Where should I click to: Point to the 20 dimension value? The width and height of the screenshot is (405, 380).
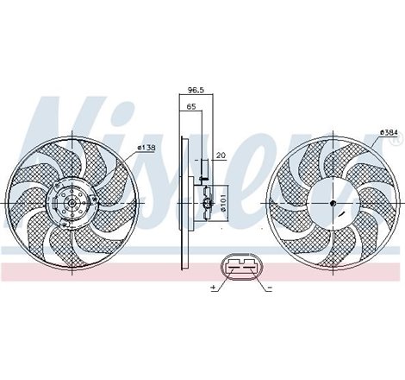pyautogui.click(x=222, y=155)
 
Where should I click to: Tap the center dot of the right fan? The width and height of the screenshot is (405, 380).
pyautogui.click(x=333, y=204)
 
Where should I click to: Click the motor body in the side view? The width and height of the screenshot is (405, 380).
pyautogui.click(x=206, y=204)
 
